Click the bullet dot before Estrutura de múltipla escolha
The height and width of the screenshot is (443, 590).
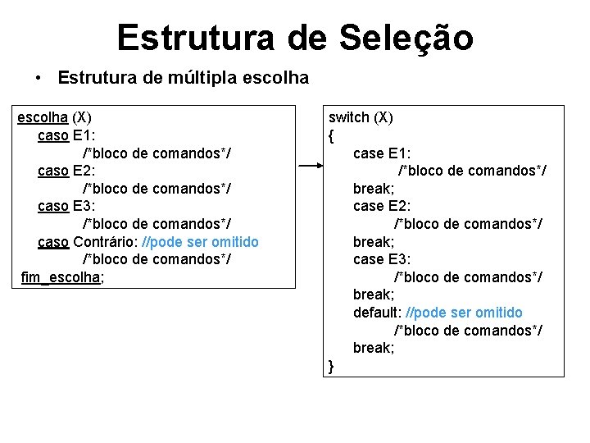coord(39,79)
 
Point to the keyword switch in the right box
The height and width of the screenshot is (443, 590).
coord(349,117)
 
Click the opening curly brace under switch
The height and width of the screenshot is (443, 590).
coord(331,135)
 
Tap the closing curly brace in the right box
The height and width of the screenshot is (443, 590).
coord(331,366)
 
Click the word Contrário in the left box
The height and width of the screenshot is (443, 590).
coord(105,242)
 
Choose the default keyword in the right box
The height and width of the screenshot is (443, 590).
coord(377,313)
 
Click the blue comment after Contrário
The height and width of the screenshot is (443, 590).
coord(201,242)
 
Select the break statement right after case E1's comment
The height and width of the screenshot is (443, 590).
coord(373,189)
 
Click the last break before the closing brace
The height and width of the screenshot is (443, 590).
coord(373,348)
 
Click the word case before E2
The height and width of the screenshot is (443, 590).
coord(368,206)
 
